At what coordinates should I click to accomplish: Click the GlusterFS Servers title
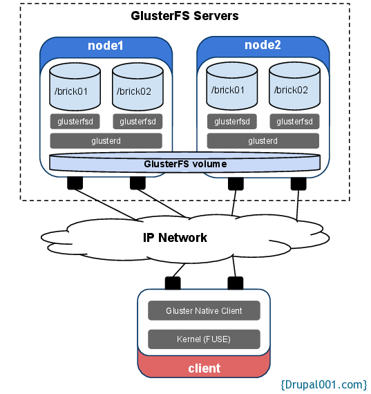click(x=184, y=16)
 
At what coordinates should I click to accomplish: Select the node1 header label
click(x=106, y=46)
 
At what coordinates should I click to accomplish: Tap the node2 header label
click(x=263, y=45)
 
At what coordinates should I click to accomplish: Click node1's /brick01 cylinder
click(x=75, y=86)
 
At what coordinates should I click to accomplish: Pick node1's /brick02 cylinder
click(x=137, y=86)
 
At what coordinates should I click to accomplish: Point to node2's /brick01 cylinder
click(x=232, y=86)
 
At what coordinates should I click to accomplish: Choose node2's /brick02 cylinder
click(x=294, y=86)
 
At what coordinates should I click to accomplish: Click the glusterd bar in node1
click(x=106, y=141)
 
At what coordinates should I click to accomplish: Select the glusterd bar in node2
click(x=263, y=141)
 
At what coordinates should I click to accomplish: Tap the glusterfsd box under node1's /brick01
click(x=75, y=122)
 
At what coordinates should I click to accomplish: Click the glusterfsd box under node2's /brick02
click(x=294, y=122)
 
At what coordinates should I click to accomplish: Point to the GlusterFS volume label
click(x=185, y=164)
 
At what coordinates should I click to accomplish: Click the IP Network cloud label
click(x=175, y=238)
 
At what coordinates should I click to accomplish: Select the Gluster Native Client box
click(x=204, y=310)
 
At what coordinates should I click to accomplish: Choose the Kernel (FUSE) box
click(x=204, y=339)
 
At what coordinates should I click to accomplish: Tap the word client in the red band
click(x=204, y=368)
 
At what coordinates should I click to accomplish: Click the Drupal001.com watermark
click(x=324, y=385)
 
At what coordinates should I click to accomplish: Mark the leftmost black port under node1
click(x=75, y=183)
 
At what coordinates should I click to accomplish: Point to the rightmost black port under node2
click(x=298, y=184)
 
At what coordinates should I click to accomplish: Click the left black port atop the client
click(x=173, y=283)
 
